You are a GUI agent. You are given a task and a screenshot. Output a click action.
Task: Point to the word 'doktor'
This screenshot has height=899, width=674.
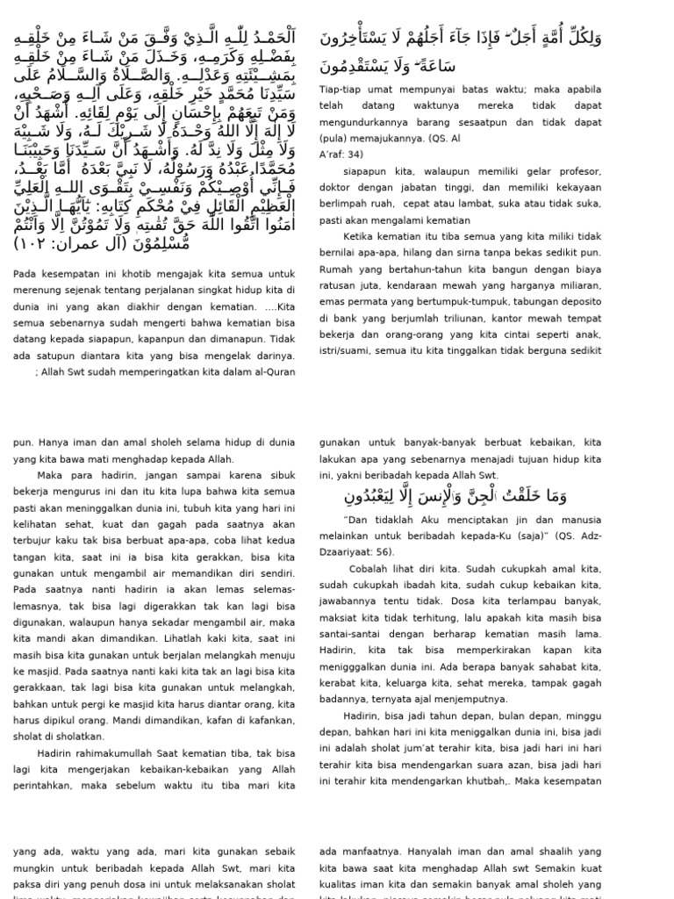coord(334,187)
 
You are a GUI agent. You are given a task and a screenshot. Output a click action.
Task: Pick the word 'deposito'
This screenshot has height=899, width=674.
coord(579,303)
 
